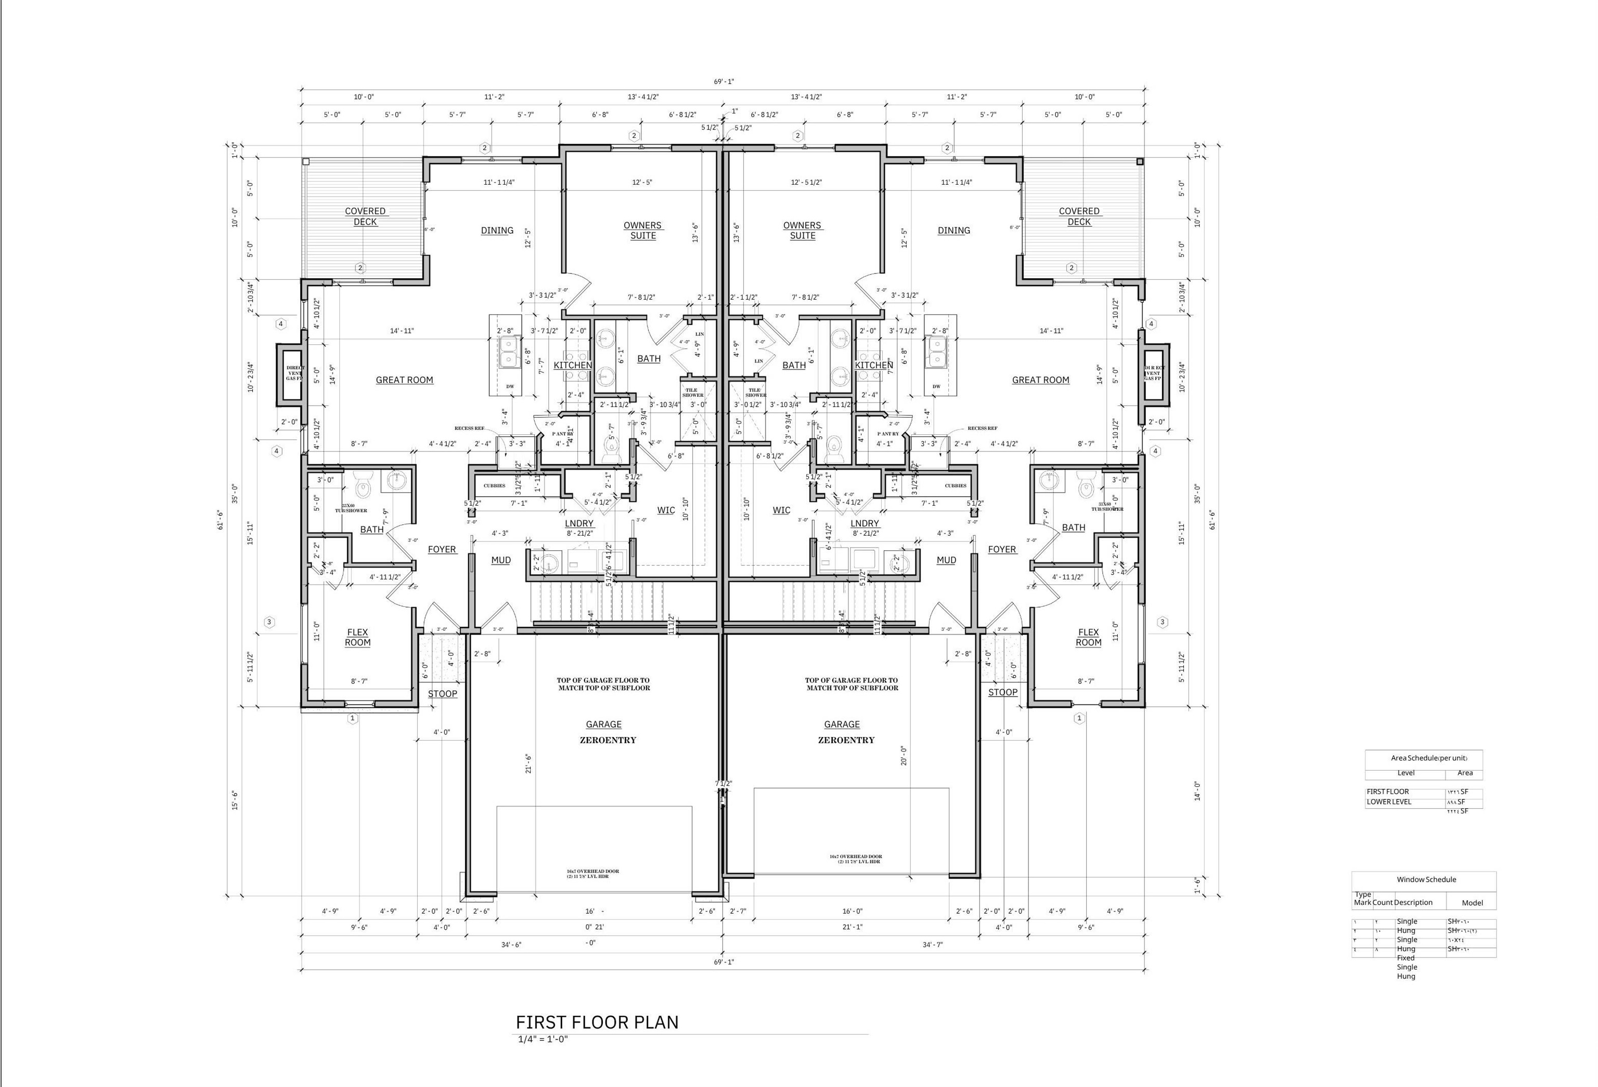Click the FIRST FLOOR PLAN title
coord(597,1023)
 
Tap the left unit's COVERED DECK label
coord(365,216)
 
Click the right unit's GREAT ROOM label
coord(1040,380)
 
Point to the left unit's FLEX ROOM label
coord(357,637)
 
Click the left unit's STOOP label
coord(442,694)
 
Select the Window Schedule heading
coord(1426,879)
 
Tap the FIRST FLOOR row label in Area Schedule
coord(1388,792)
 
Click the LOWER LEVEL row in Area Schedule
coord(1388,801)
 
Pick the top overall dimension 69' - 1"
coord(724,81)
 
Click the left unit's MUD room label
coord(500,560)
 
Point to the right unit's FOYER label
coord(1002,549)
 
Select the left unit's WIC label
coord(666,510)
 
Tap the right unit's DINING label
coord(953,230)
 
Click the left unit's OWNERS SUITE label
coord(643,230)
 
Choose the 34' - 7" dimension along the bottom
coord(932,944)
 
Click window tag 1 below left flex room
coord(353,718)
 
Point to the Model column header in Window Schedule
coord(1472,903)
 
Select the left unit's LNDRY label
coord(579,524)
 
